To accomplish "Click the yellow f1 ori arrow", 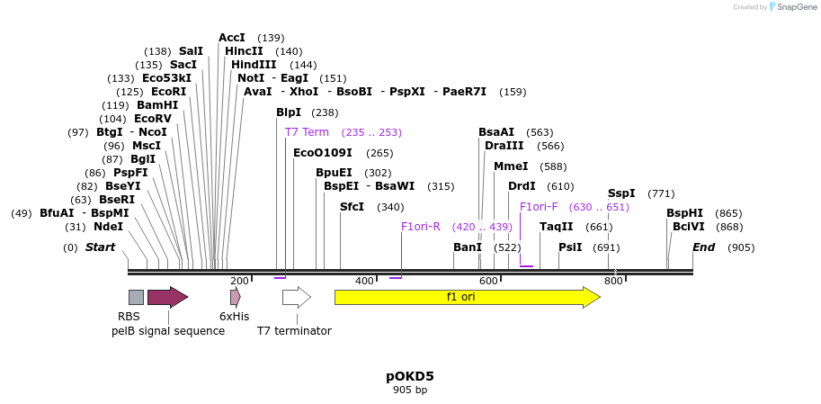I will point(466,297).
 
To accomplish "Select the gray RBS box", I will point(136,297).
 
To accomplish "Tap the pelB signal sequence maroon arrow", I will point(167,297).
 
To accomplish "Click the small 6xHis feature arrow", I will point(235,297).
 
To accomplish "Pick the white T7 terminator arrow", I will point(296,297).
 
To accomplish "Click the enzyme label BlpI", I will point(289,112).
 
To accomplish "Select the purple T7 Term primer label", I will point(307,132).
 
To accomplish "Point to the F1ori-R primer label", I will point(421,227).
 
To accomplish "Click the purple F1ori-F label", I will point(539,207).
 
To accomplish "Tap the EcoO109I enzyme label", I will point(323,153).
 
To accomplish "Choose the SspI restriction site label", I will point(621,193).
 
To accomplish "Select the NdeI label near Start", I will point(108,227).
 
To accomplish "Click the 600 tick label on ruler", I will point(488,282).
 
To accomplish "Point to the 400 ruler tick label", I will point(364,282).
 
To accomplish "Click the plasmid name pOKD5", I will point(410,376).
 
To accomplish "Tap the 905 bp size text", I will point(410,391).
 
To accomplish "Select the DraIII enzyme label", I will point(504,146).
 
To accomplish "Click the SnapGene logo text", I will point(796,7).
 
